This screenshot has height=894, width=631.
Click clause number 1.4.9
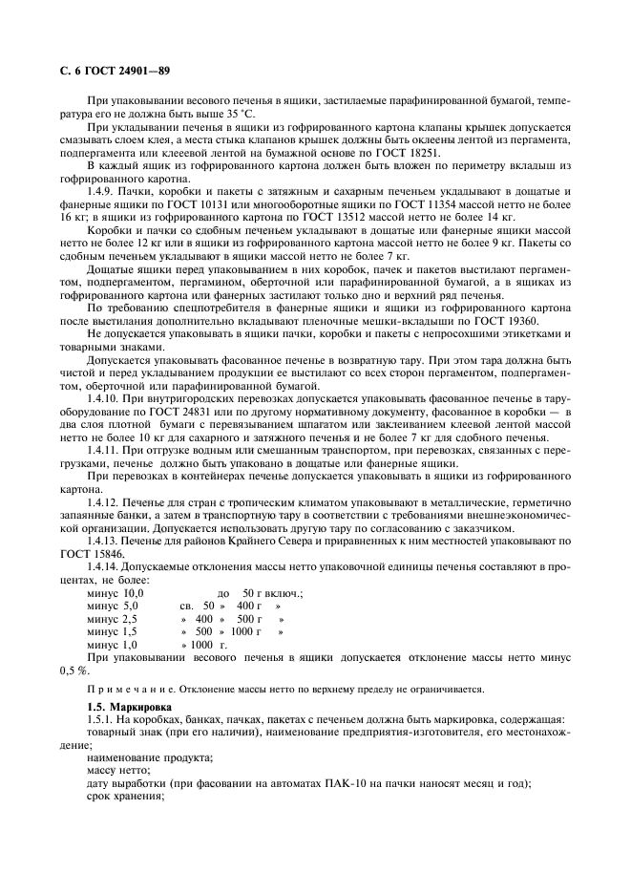click(101, 193)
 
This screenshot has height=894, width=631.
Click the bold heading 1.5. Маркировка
click(126, 707)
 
